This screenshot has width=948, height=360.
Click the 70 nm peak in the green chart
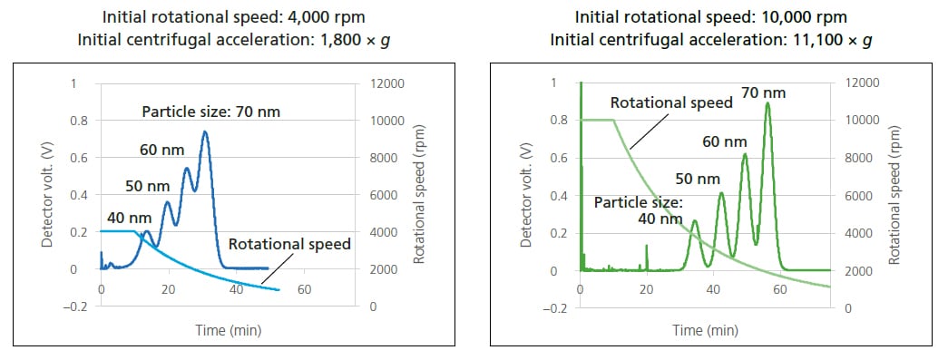pyautogui.click(x=767, y=103)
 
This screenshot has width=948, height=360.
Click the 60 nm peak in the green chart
pyautogui.click(x=745, y=154)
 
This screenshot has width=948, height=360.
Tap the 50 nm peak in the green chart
pyautogui.click(x=721, y=193)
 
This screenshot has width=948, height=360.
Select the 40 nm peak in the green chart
pyautogui.click(x=695, y=221)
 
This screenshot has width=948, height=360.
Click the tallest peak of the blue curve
pyautogui.click(x=205, y=132)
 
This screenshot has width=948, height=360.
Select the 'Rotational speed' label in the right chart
pyautogui.click(x=671, y=102)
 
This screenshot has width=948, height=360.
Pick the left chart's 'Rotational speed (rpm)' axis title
pyautogui.click(x=419, y=194)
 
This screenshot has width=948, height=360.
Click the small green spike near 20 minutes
pyautogui.click(x=646, y=256)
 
